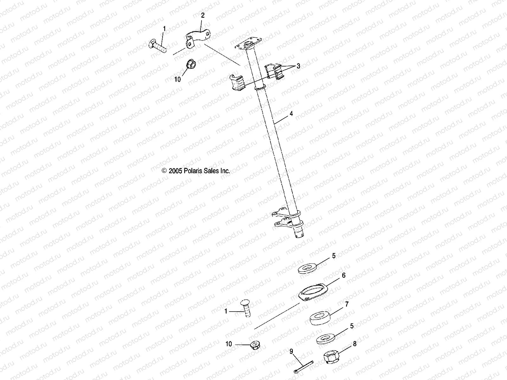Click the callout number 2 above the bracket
click(x=203, y=15)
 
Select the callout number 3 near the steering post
click(x=298, y=66)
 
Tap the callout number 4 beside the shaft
click(x=291, y=114)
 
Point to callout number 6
click(x=343, y=275)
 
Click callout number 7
click(x=347, y=304)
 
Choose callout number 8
click(x=355, y=344)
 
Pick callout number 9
click(x=291, y=351)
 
